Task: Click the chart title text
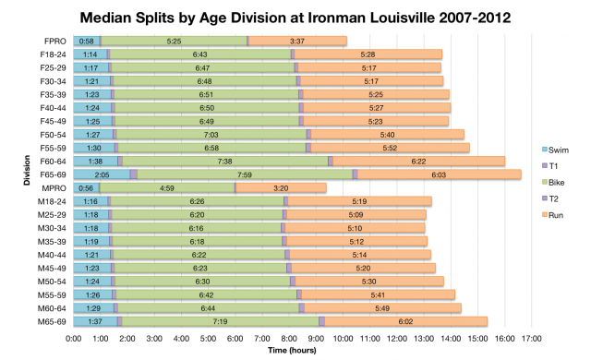[x=295, y=17]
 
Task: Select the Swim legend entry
[x=555, y=150]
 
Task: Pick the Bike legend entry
[x=555, y=182]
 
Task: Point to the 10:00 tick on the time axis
[x=343, y=339]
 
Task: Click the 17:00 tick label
[x=531, y=339]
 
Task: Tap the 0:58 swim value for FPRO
[x=87, y=41]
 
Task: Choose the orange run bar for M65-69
[x=406, y=321]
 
